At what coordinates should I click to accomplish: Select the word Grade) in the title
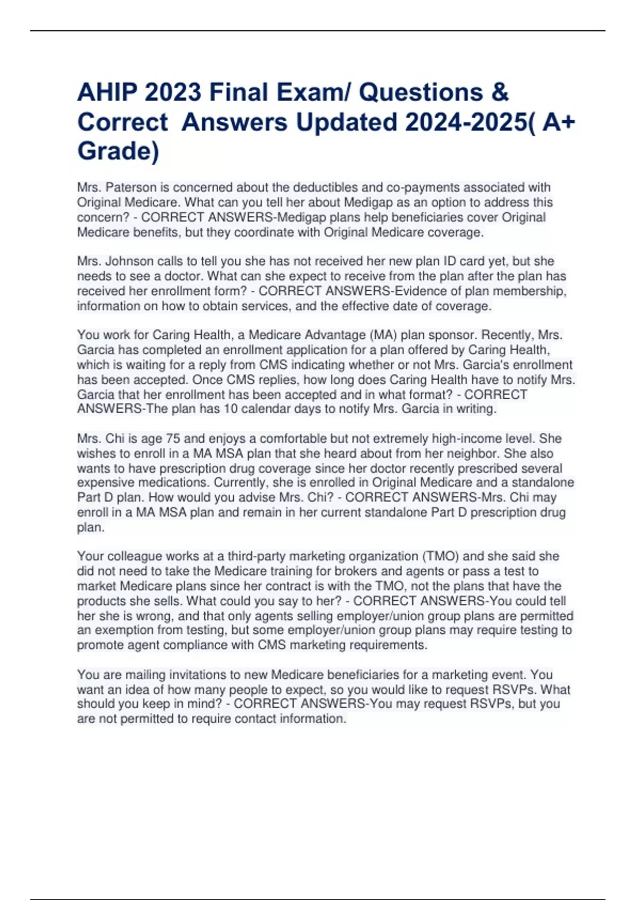pos(118,151)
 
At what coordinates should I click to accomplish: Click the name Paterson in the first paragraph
pos(131,187)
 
